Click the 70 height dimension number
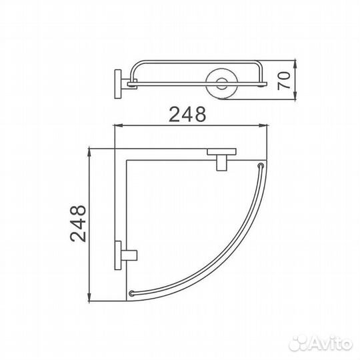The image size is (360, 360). click(284, 81)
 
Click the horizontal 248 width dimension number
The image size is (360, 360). click(187, 114)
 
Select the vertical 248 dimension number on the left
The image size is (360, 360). click(78, 223)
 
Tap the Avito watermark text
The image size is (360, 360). click(331, 344)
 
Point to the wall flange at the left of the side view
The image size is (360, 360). click(118, 84)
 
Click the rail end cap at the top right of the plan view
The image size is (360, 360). click(261, 165)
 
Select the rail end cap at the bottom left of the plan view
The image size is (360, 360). click(132, 293)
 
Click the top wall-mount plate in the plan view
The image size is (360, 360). click(221, 152)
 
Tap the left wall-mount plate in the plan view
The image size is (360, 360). click(118, 255)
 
